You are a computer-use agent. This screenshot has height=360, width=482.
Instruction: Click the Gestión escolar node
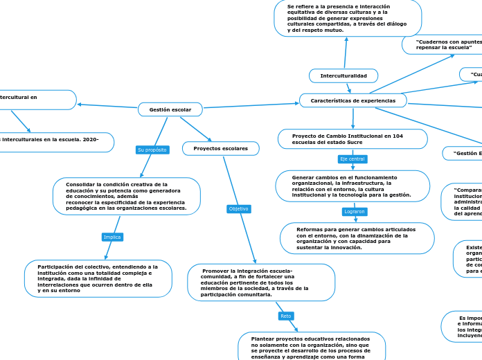(x=170, y=109)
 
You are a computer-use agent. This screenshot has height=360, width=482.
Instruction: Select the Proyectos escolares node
(x=220, y=148)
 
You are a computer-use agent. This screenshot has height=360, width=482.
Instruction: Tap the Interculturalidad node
(x=343, y=75)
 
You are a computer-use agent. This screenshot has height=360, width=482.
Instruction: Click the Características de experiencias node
(x=352, y=100)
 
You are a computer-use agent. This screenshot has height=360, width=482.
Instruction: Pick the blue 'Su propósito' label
(x=152, y=150)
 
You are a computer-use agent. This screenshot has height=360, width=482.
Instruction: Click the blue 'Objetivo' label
(x=238, y=208)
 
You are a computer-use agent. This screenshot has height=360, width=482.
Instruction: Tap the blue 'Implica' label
(x=112, y=237)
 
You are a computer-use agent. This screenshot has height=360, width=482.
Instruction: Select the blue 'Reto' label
(x=286, y=316)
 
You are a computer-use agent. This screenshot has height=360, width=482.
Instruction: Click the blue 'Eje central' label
(x=352, y=159)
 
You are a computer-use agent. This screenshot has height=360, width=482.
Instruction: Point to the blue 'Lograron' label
(x=355, y=211)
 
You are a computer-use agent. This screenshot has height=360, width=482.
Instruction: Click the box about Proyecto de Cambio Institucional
(x=352, y=138)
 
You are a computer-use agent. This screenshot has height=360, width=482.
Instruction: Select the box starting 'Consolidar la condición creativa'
(x=126, y=196)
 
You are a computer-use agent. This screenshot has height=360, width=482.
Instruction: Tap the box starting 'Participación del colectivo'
(x=98, y=278)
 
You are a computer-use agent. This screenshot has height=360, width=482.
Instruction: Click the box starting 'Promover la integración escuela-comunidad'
(x=260, y=282)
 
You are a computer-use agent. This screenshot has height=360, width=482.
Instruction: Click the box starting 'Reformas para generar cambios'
(x=357, y=238)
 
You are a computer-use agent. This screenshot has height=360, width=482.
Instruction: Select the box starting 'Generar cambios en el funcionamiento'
(x=352, y=186)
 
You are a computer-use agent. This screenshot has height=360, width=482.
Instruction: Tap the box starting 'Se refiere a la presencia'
(x=348, y=18)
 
